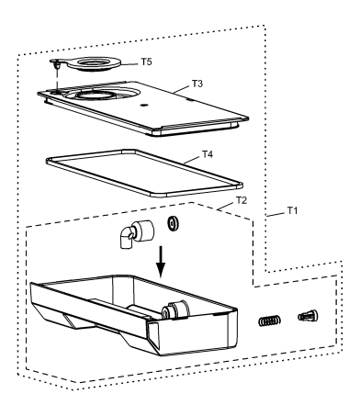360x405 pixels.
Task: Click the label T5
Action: [146, 62]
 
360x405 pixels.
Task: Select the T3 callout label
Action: [197, 84]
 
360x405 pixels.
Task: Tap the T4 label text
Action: [208, 154]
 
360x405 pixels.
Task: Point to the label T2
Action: [242, 200]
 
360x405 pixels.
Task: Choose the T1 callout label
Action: [292, 210]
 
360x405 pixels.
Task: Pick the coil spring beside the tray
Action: [269, 321]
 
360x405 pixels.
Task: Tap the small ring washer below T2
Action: [174, 223]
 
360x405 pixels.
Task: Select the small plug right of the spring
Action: [308, 316]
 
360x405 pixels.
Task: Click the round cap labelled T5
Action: [90, 63]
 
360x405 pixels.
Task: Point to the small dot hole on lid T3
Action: [143, 106]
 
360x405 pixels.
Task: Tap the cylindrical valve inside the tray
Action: [174, 309]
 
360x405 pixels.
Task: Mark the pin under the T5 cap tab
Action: [57, 66]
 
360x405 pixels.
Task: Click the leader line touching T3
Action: [182, 89]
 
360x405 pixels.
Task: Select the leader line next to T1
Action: [276, 214]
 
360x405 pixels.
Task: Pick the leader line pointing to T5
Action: [129, 64]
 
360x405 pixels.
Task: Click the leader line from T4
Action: [192, 160]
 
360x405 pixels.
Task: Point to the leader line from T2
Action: [226, 206]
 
